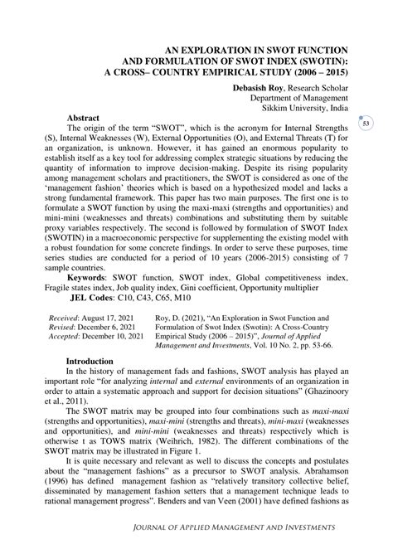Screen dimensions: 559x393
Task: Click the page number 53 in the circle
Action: point(366,124)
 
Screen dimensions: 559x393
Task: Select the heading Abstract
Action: point(85,119)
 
